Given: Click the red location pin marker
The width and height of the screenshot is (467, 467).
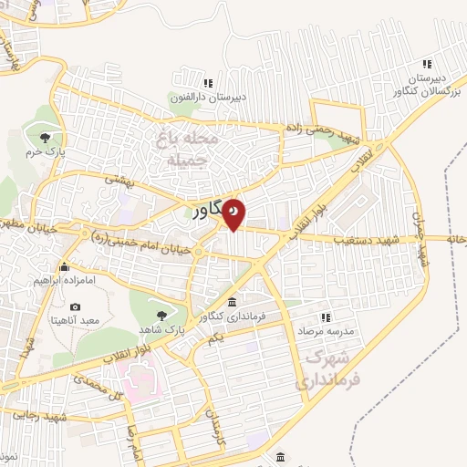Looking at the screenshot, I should coord(234,213).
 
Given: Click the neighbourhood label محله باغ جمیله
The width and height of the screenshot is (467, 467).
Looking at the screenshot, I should coord(190,150).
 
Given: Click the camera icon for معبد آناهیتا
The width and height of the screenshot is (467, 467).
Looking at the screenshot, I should coord(75,306).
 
